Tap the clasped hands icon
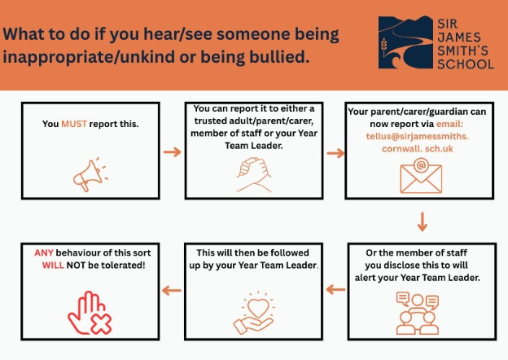click(254, 174)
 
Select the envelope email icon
click(421, 176)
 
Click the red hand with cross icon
click(90, 313)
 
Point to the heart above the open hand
click(258, 307)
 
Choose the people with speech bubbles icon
click(418, 314)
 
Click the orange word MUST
click(74, 124)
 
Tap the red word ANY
click(44, 252)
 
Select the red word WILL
click(53, 266)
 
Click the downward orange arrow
click(423, 222)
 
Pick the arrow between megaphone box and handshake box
click(173, 151)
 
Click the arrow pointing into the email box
click(335, 153)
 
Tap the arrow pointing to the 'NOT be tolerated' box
click(172, 290)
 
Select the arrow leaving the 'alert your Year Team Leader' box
click(335, 289)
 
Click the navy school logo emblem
click(406, 42)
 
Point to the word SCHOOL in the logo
click(466, 64)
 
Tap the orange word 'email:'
click(449, 124)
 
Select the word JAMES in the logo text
click(459, 37)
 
